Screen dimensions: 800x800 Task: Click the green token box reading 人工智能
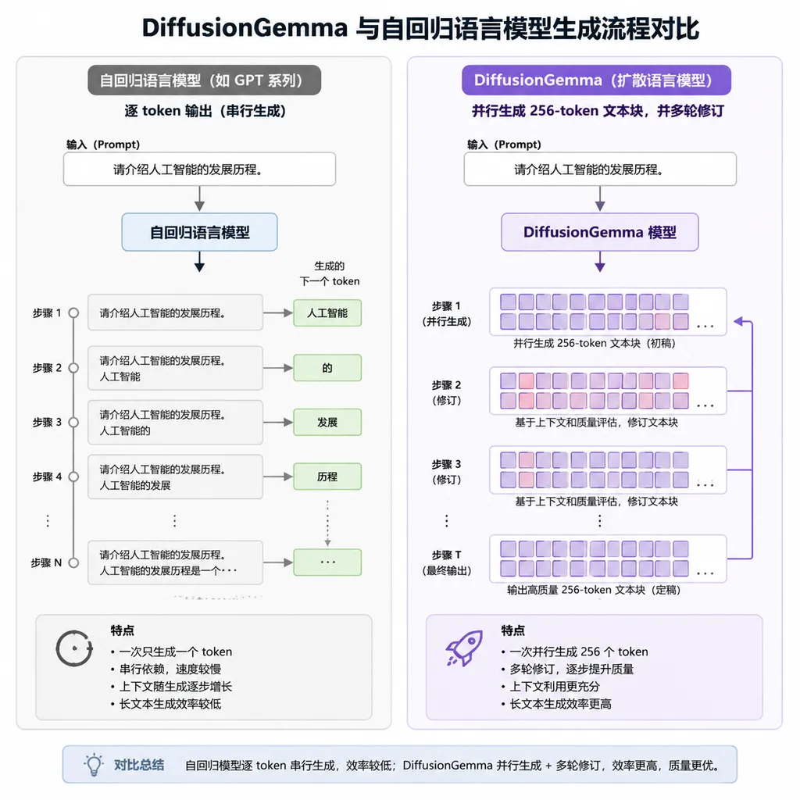tap(327, 312)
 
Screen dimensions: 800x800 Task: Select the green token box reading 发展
tap(327, 422)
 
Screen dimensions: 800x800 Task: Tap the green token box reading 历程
tap(327, 477)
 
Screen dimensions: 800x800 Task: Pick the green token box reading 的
tap(327, 368)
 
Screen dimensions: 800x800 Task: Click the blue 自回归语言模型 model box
tap(199, 232)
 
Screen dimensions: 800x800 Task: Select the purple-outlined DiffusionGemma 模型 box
tap(600, 232)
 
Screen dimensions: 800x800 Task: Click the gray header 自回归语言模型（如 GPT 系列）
tap(204, 80)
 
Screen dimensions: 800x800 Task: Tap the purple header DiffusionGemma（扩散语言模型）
tap(596, 80)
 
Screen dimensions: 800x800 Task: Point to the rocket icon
tap(464, 648)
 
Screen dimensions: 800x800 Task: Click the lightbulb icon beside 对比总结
tap(94, 764)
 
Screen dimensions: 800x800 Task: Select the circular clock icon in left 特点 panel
tap(74, 648)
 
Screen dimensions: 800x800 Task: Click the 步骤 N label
tap(46, 562)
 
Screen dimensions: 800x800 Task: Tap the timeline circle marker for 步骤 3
tap(73, 423)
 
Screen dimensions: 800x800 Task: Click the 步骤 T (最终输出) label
tap(446, 562)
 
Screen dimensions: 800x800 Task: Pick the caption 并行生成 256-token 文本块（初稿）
tap(595, 344)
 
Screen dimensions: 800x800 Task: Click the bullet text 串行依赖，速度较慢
tap(170, 669)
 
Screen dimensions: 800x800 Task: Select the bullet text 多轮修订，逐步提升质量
tap(571, 669)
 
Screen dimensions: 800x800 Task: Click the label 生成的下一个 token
tap(330, 273)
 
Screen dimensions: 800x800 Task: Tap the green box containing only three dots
tap(327, 562)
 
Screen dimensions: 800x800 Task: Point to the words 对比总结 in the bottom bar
tap(139, 765)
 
